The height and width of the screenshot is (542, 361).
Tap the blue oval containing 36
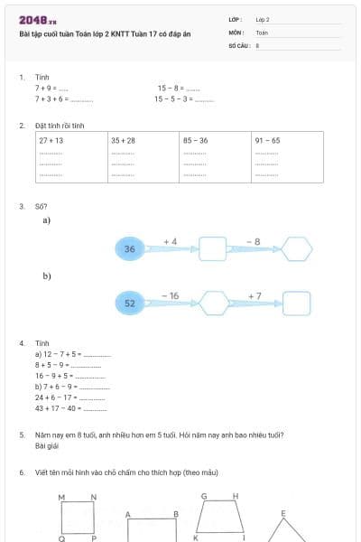point(130,248)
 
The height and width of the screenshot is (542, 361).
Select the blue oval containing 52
point(130,304)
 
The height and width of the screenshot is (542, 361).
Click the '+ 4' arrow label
point(170,241)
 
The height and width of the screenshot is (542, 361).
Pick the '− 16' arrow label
point(170,295)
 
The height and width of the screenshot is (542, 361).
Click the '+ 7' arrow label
point(255,295)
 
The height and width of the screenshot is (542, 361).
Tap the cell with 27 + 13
point(51,141)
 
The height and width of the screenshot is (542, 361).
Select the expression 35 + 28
point(124,141)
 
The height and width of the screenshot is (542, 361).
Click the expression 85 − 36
point(196,141)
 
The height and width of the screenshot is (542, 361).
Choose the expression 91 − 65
point(268,141)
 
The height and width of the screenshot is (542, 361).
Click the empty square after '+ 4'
point(212,248)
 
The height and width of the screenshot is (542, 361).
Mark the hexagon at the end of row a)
point(297,248)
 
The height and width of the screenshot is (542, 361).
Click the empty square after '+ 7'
point(297,304)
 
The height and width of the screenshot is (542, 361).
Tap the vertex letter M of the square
point(61,498)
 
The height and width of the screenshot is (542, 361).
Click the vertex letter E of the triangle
point(282,513)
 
